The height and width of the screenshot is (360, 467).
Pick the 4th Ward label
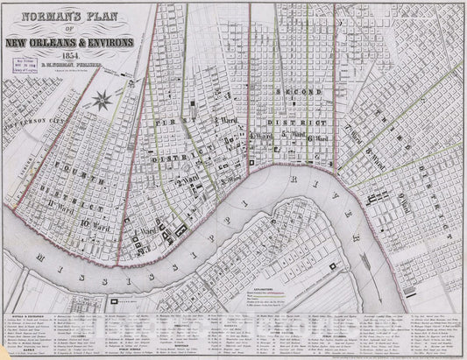260,136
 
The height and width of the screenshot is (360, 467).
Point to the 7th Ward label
359,131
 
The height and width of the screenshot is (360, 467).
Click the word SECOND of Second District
292,92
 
